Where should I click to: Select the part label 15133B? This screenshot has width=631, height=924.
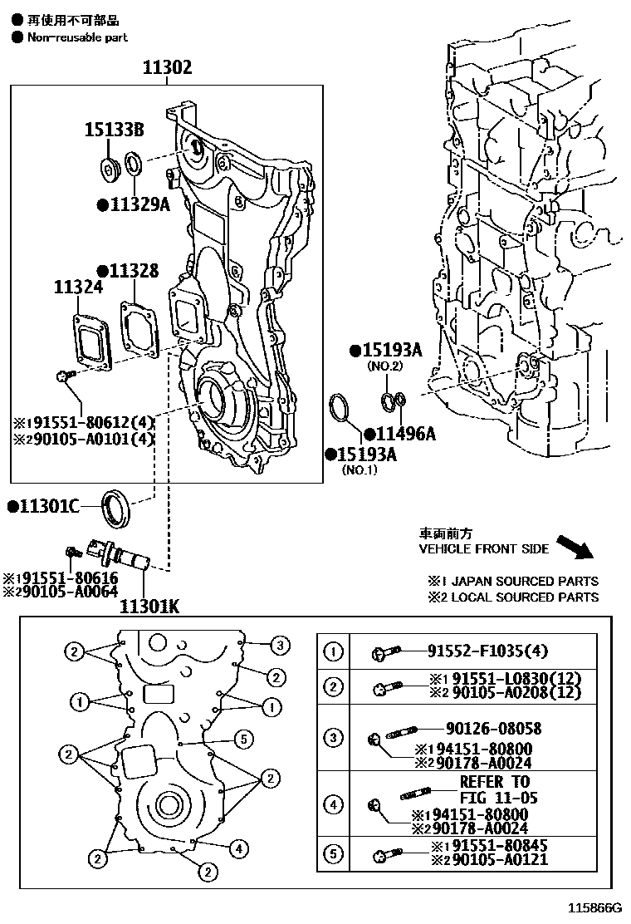click(114, 130)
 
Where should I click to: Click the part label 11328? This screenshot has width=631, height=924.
click(132, 271)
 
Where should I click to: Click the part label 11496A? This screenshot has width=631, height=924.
click(404, 433)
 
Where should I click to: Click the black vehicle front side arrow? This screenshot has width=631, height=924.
click(574, 548)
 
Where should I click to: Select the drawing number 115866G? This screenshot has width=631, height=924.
click(594, 908)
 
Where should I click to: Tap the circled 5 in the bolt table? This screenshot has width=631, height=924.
click(333, 853)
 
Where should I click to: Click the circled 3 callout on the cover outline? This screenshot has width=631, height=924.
click(280, 644)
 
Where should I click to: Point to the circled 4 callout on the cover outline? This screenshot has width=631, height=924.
click(238, 848)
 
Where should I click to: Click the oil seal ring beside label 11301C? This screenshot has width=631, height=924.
click(115, 509)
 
